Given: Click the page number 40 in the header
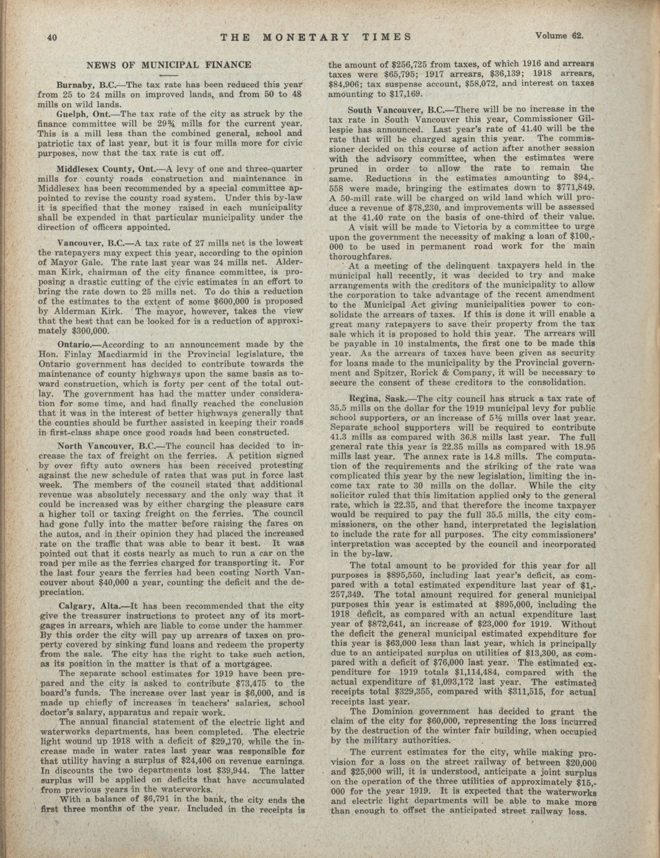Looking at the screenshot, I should (x=52, y=38).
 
